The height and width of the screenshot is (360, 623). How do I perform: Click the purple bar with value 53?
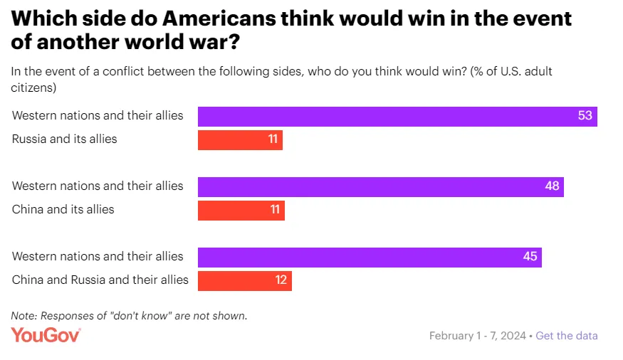397,116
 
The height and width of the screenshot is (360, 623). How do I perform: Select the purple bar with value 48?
380,186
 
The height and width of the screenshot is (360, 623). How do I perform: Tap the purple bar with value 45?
369,257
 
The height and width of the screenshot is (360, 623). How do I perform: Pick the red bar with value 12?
244,280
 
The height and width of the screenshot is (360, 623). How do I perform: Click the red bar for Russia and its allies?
239,139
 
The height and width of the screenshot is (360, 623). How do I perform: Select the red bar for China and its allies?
241,210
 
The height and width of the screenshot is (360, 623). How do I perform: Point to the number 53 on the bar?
585,116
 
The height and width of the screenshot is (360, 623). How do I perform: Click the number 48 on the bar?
552,186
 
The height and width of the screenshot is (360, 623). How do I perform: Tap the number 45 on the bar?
530,257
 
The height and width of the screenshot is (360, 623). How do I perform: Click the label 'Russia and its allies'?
64,139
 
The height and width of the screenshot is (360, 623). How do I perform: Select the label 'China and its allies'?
63,210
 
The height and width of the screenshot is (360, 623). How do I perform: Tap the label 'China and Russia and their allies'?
100,280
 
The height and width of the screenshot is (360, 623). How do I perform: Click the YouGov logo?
46,335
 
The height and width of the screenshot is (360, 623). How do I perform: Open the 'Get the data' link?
567,336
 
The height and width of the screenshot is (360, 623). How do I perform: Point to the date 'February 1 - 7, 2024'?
477,336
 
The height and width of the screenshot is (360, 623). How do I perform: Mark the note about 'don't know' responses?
129,316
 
